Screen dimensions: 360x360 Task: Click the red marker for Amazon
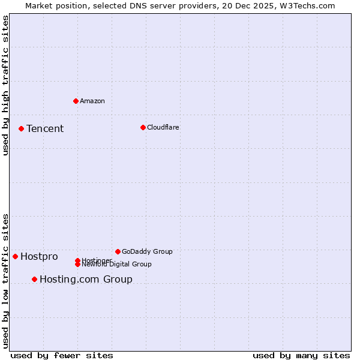click(76, 101)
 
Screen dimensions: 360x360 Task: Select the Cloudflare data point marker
click(143, 127)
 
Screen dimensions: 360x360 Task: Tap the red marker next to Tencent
click(21, 128)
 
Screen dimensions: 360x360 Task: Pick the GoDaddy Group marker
click(118, 251)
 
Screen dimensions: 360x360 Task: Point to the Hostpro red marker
click(15, 256)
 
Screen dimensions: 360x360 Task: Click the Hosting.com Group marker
click(34, 279)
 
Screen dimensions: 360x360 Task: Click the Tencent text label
click(45, 128)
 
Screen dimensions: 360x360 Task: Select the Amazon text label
click(92, 101)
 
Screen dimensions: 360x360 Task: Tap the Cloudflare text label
click(163, 127)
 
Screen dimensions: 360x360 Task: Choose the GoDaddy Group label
click(147, 251)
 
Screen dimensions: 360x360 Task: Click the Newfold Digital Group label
click(117, 265)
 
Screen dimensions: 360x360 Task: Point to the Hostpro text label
click(39, 257)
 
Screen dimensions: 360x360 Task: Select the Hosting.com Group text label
click(86, 279)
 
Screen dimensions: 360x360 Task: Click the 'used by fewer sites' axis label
click(62, 355)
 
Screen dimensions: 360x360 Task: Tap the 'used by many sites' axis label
click(301, 355)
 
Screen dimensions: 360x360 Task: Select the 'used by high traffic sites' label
click(6, 85)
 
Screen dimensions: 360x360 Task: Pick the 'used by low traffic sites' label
click(6, 281)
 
